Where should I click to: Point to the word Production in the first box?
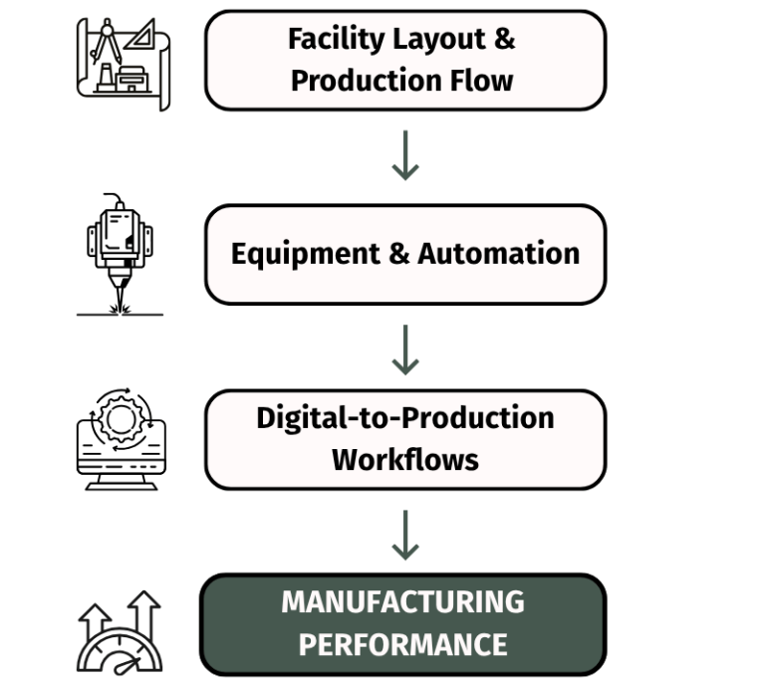(366, 80)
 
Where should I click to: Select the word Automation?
(498, 253)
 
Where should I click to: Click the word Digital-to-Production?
(405, 417)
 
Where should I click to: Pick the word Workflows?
(405, 459)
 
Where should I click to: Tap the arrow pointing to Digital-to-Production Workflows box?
(404, 349)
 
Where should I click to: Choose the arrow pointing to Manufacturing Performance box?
(404, 535)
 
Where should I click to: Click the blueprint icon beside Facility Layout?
(125, 60)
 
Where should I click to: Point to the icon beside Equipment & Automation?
(117, 253)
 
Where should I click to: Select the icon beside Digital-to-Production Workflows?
(121, 440)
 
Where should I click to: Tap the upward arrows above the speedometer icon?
(121, 609)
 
